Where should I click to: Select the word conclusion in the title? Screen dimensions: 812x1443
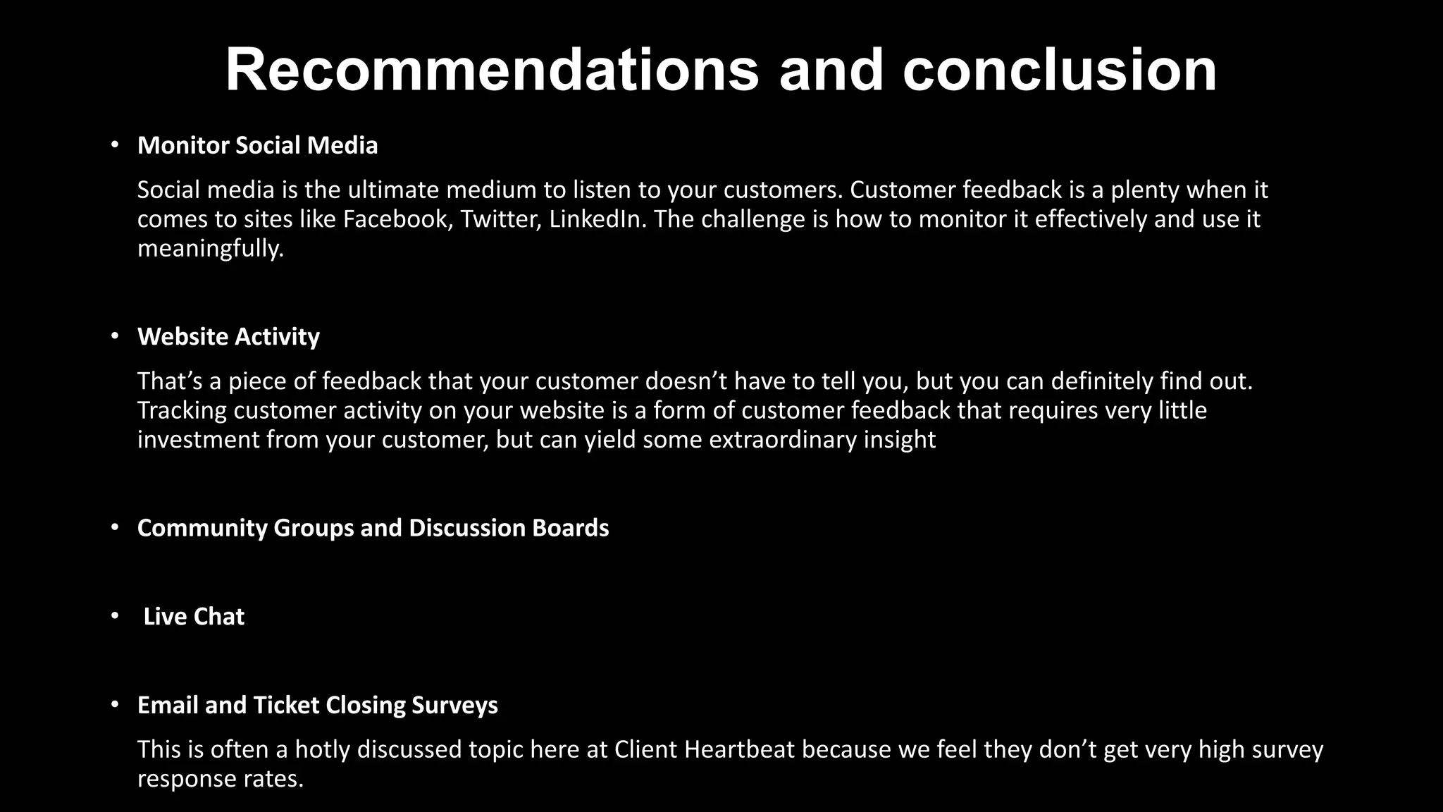coord(1060,70)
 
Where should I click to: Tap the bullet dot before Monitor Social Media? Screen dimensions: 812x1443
coord(115,144)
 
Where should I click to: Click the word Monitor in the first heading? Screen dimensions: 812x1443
coord(183,145)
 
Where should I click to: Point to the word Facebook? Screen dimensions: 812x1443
coord(395,219)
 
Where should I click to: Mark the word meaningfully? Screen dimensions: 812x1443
coord(210,249)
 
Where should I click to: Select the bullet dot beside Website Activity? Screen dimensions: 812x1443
coord(115,336)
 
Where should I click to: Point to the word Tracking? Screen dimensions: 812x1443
coord(182,411)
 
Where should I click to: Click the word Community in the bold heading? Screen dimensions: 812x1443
coord(202,528)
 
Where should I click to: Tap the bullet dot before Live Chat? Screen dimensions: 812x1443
coord(115,616)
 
